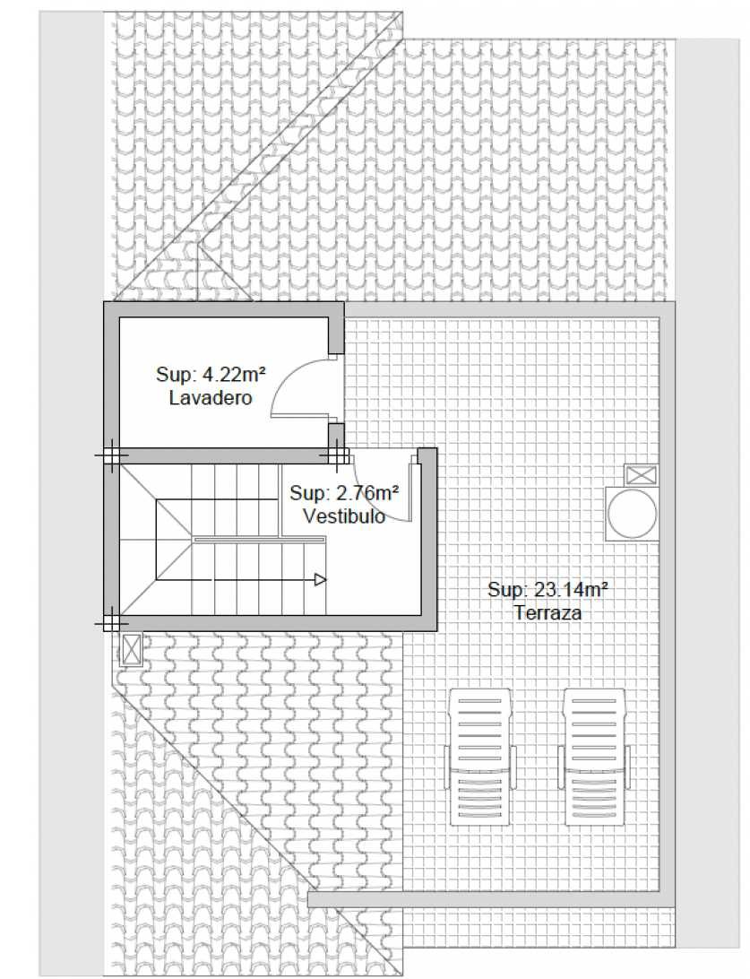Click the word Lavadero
click(211, 398)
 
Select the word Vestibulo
click(344, 515)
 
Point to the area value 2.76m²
click(367, 493)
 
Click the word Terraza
click(547, 612)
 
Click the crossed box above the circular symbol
click(642, 475)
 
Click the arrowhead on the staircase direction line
click(321, 580)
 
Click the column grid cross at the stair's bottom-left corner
click(112, 622)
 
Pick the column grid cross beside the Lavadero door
click(336, 455)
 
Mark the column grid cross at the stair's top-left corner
click(112, 455)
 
